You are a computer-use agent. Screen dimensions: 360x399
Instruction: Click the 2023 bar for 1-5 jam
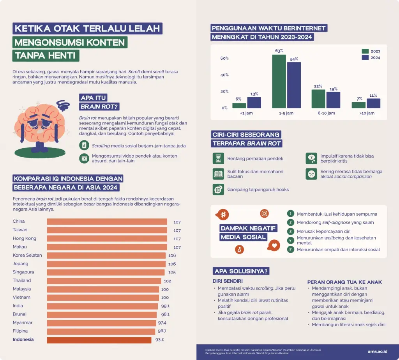click(279, 81)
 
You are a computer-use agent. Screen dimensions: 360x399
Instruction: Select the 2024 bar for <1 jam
click(254, 102)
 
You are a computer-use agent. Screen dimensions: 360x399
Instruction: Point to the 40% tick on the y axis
click(224, 75)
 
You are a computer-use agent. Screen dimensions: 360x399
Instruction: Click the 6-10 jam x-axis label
click(326, 113)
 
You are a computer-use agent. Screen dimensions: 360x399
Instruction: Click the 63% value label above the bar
click(279, 51)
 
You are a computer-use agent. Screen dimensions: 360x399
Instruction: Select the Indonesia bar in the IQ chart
click(99, 340)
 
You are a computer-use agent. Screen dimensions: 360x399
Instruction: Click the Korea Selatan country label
click(27, 255)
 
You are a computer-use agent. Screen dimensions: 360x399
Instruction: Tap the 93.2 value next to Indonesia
click(159, 340)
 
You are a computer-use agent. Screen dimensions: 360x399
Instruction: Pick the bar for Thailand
click(104, 281)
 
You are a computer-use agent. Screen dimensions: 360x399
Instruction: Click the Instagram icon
click(265, 213)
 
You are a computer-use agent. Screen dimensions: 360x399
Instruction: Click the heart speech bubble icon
click(274, 245)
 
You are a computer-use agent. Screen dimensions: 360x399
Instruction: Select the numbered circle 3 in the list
click(290, 231)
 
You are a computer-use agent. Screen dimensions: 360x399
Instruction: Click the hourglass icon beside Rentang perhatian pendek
click(217, 158)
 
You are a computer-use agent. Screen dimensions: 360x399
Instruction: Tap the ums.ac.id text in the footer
click(377, 351)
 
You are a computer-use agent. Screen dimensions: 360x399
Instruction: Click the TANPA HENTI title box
click(46, 55)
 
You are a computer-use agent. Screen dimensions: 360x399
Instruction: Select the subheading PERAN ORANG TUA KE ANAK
click(344, 282)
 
